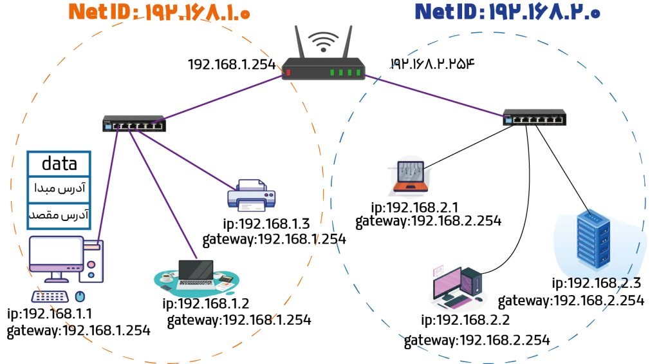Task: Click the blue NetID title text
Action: tap(507, 12)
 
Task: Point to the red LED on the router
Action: tap(288, 72)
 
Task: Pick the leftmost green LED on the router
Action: tap(333, 72)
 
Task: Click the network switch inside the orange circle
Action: tap(134, 124)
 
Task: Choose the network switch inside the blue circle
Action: tap(534, 117)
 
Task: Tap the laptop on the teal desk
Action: tap(196, 273)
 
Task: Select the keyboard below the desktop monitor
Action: tap(50, 296)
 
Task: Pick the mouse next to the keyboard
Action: tap(80, 296)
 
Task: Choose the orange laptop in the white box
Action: tap(410, 177)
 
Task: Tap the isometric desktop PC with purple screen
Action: tap(457, 287)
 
